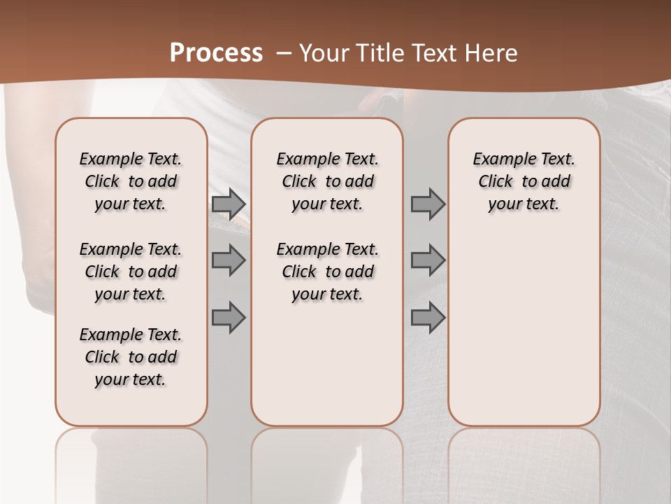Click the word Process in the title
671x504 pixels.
click(216, 53)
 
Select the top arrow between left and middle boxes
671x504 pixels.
click(229, 204)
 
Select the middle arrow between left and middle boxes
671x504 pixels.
click(229, 260)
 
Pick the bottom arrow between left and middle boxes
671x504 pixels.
click(229, 317)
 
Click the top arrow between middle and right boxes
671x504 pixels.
click(428, 204)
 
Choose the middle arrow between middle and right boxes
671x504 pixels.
click(428, 260)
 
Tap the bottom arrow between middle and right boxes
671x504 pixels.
click(428, 317)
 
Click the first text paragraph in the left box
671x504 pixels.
click(131, 181)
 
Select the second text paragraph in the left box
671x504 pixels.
click(131, 272)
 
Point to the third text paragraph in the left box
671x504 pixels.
click(131, 357)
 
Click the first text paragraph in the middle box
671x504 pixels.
click(327, 181)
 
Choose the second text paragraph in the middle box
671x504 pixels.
click(327, 272)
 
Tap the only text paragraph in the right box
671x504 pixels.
click(524, 181)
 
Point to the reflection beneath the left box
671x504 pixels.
click(131, 455)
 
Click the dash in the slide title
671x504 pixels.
click(284, 53)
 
